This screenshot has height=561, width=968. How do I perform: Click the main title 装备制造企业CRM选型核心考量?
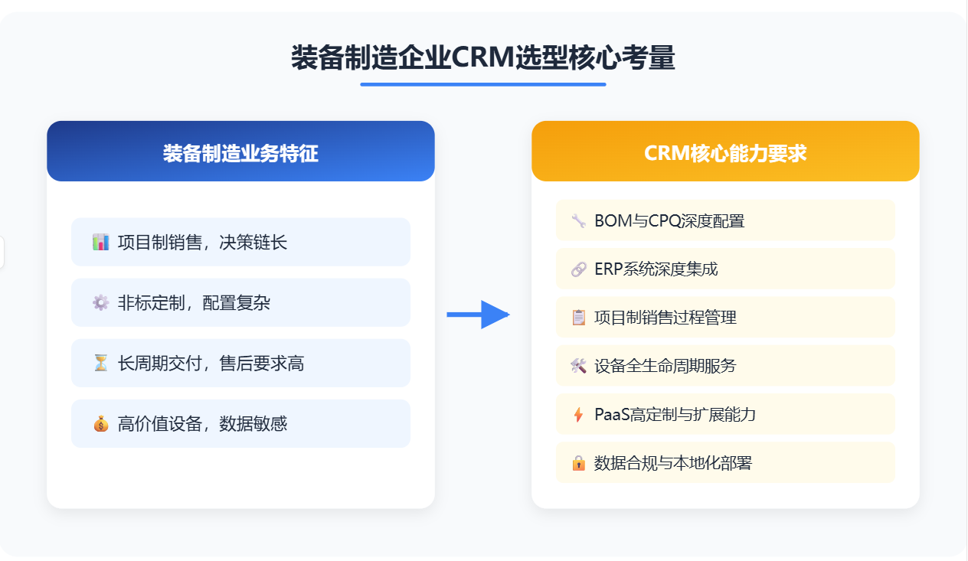[x=482, y=57]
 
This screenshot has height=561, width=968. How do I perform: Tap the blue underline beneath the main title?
[x=483, y=85]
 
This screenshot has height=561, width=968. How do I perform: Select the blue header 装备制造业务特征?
[x=240, y=151]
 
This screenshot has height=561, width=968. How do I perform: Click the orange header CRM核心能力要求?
[x=725, y=151]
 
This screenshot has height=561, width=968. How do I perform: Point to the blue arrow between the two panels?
[x=478, y=315]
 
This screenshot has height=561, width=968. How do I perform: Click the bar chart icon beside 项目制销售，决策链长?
[x=100, y=243]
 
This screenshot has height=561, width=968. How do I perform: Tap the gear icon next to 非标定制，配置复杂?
[x=100, y=303]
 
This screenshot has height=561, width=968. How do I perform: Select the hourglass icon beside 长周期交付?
[x=100, y=364]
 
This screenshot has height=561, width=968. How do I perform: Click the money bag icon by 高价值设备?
[x=100, y=424]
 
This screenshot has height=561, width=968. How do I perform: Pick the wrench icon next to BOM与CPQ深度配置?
[x=579, y=220]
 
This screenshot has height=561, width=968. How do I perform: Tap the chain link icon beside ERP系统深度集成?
[x=579, y=269]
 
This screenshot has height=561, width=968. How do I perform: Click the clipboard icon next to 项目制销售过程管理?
[x=579, y=318]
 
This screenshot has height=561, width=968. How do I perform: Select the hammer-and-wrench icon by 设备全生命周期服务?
[x=579, y=366]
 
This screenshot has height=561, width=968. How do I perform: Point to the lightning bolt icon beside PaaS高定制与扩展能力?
[x=578, y=415]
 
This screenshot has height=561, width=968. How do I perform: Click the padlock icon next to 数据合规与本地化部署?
[x=579, y=463]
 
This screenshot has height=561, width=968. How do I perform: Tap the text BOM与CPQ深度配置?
[x=669, y=220]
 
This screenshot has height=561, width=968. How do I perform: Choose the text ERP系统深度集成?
[x=656, y=269]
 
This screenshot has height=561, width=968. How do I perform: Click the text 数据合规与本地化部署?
[x=673, y=463]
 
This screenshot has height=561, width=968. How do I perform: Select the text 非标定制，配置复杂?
[x=194, y=303]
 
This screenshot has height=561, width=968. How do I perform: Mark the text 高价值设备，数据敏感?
[x=202, y=424]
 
